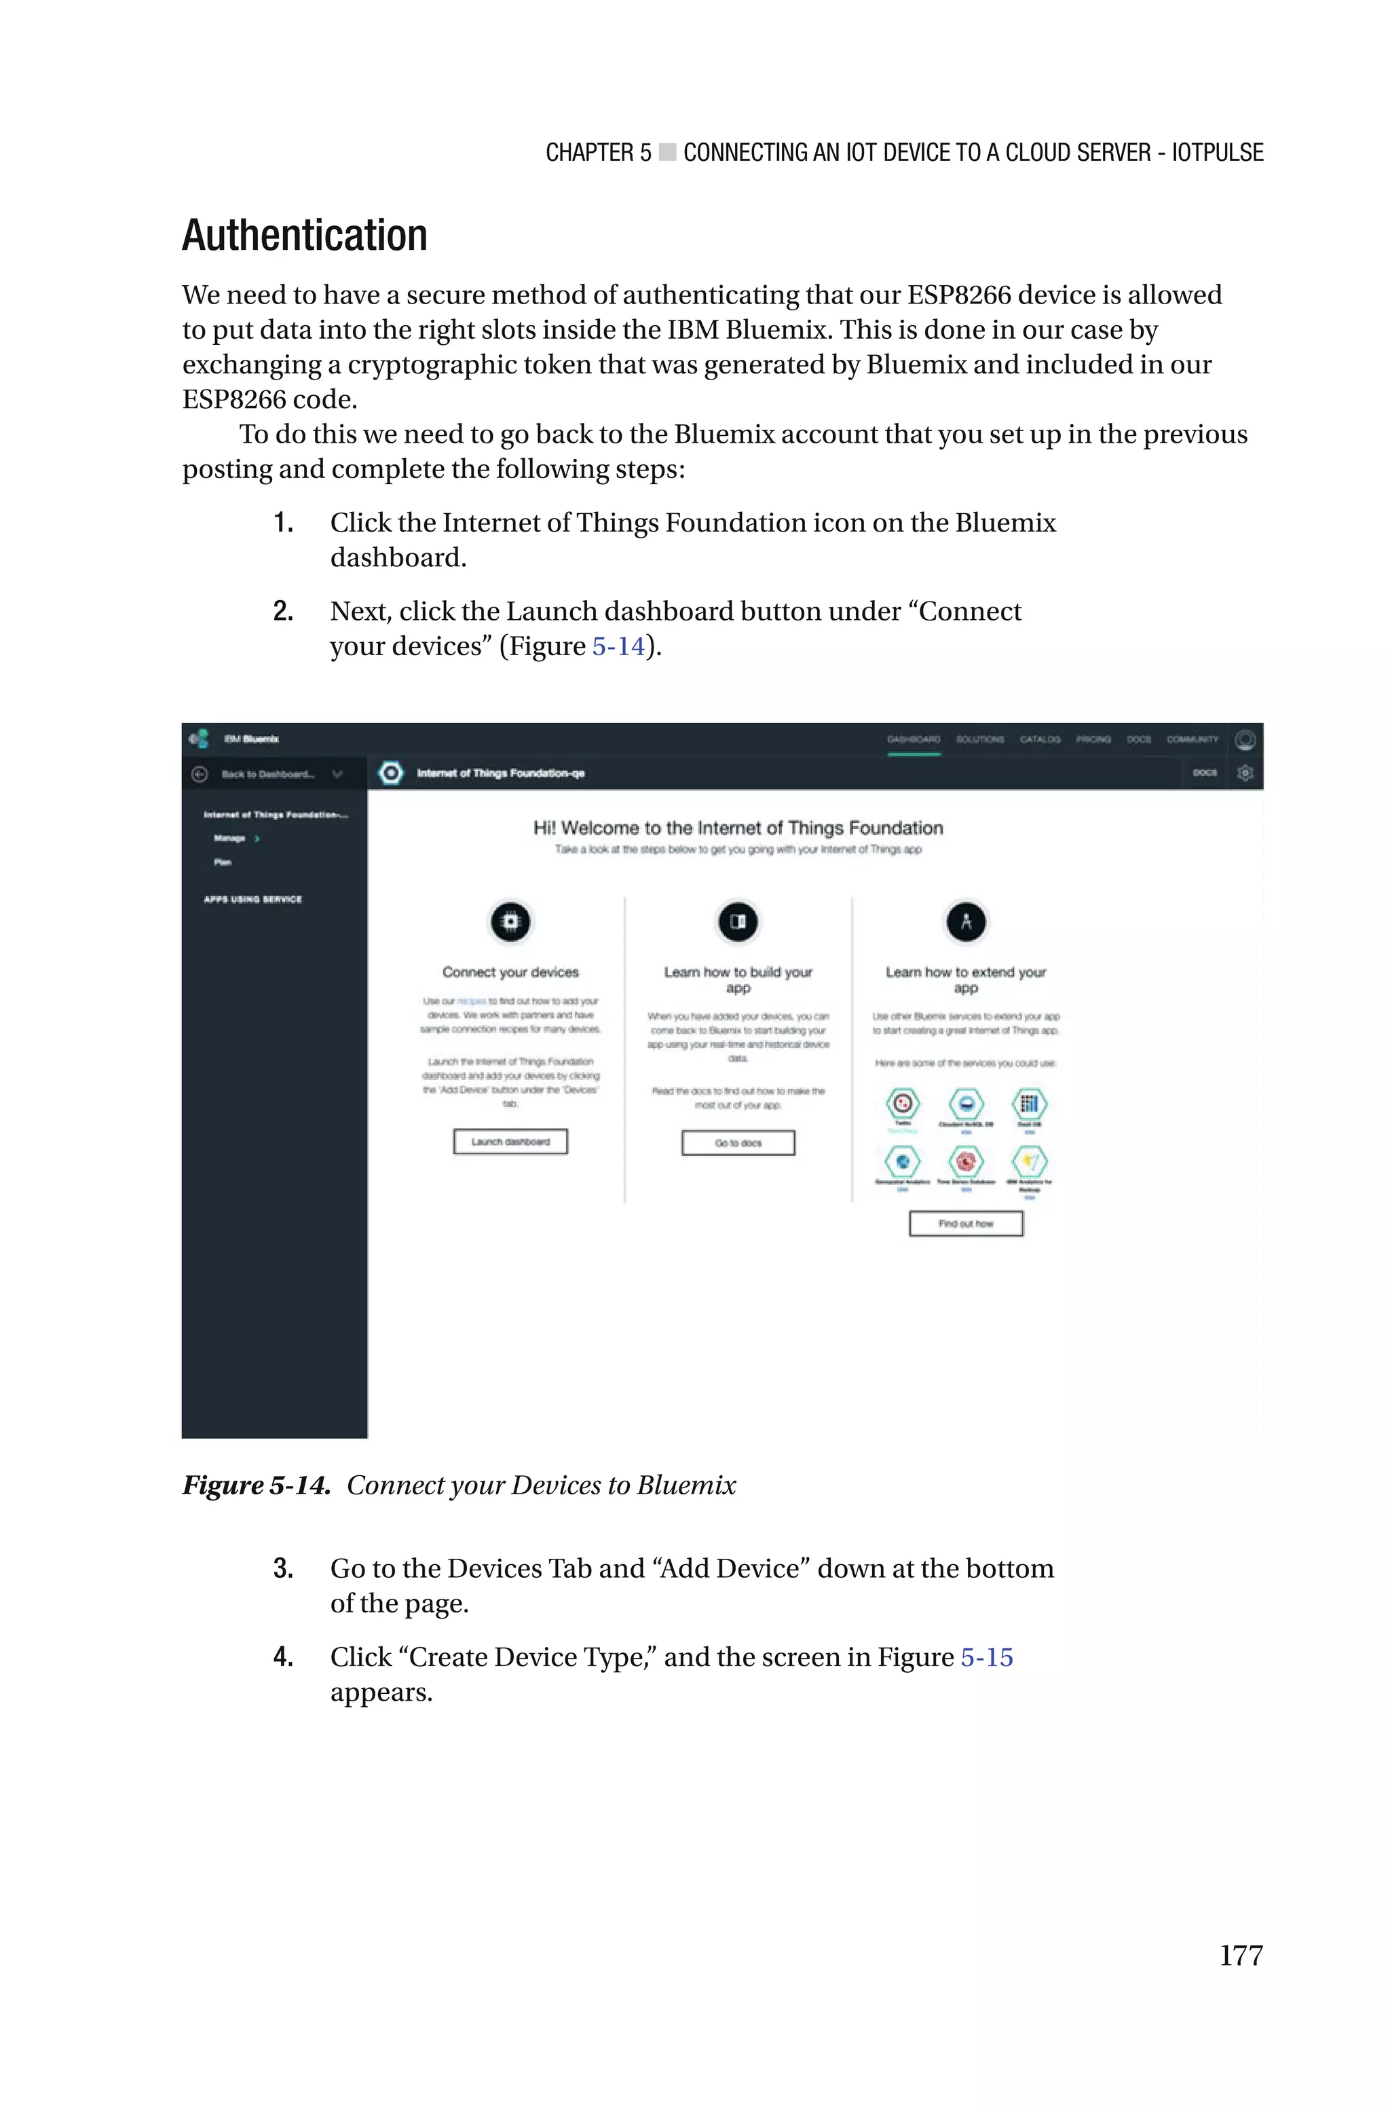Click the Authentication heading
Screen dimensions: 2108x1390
pyautogui.click(x=304, y=236)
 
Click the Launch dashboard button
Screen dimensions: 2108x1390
pyautogui.click(x=510, y=1142)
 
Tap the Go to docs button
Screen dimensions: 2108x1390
pyautogui.click(x=738, y=1143)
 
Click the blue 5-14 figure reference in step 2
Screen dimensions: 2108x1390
pyautogui.click(x=618, y=646)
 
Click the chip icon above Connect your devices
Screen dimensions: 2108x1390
pyautogui.click(x=510, y=922)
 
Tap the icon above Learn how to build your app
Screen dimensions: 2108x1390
pyautogui.click(x=738, y=922)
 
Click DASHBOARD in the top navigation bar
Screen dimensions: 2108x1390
pyautogui.click(x=913, y=739)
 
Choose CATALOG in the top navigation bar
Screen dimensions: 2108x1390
pyautogui.click(x=1040, y=739)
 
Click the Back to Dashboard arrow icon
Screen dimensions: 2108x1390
pyautogui.click(x=200, y=774)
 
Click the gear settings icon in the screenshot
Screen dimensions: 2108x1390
pyautogui.click(x=1245, y=773)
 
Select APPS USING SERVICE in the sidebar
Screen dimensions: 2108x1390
pyautogui.click(x=252, y=899)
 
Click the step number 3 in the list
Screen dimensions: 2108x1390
pyautogui.click(x=283, y=1568)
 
